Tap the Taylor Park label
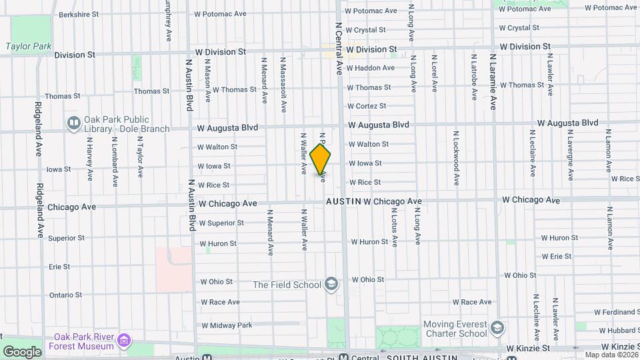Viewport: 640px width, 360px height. tap(28, 47)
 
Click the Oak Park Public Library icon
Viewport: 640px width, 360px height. tap(73, 123)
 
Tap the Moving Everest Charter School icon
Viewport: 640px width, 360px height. tap(497, 328)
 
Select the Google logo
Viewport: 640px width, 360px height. tap(22, 351)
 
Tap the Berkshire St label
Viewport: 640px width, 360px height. tap(78, 14)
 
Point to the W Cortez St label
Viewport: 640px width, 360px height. tap(367, 106)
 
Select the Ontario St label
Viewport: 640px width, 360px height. tap(65, 295)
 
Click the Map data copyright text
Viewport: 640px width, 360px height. tap(609, 355)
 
